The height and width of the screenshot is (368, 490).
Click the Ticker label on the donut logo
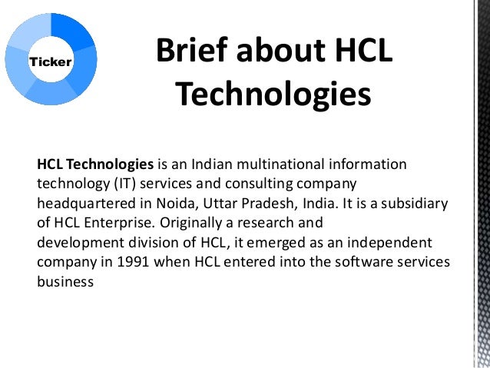point(49,61)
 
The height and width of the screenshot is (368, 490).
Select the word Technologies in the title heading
point(273,95)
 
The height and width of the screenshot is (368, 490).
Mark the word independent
point(391,243)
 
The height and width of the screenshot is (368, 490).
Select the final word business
point(65,280)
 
